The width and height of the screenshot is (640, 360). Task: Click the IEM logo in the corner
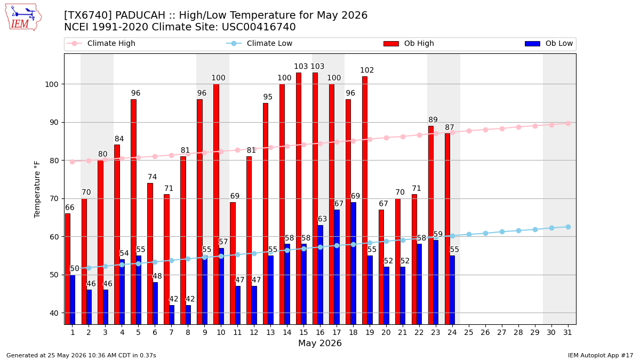23,17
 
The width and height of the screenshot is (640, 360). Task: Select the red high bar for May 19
365,201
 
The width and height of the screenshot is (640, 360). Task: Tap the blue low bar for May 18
354,263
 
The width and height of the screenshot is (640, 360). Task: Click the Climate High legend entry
101,43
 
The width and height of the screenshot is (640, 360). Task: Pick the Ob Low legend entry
549,43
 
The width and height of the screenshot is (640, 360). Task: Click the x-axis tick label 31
567,332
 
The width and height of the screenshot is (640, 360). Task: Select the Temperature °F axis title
37,190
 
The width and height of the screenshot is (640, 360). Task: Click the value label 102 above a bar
367,70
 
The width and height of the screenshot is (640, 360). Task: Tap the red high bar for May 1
68,269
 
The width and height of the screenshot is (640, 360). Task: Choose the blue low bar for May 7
172,315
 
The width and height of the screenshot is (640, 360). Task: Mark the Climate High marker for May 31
568,123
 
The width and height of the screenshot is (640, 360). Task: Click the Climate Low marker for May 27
502,231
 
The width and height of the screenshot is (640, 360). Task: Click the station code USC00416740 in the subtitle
259,27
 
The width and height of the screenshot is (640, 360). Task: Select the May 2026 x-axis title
319,343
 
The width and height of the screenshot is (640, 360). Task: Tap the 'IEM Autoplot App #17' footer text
600,355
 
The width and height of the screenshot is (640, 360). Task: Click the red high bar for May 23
431,225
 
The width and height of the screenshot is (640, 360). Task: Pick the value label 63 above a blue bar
322,219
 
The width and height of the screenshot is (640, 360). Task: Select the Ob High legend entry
409,43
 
